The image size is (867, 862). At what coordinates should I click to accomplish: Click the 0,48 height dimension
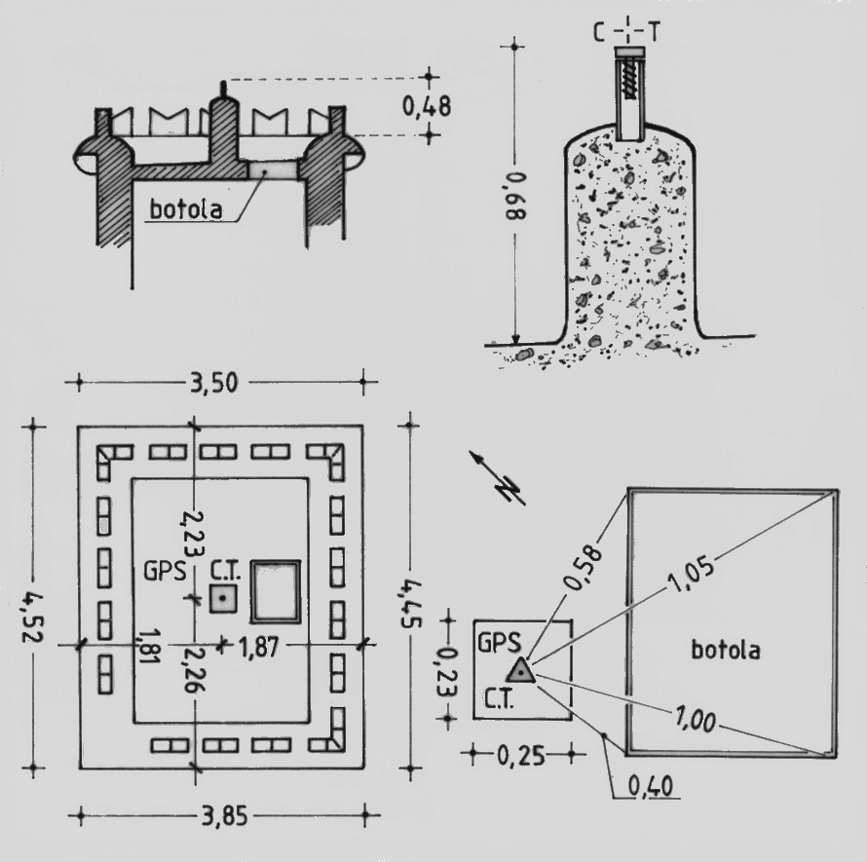(427, 106)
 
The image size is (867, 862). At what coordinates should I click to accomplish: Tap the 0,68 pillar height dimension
(516, 196)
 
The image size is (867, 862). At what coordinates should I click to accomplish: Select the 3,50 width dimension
(214, 383)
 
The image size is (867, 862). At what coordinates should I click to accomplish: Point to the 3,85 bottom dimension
(225, 815)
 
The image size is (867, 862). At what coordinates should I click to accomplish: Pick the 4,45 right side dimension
(411, 604)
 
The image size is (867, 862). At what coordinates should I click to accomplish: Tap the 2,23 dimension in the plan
(194, 534)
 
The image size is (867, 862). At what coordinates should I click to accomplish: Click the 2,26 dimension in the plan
(194, 670)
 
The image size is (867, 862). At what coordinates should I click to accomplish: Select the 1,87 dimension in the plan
(259, 646)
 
